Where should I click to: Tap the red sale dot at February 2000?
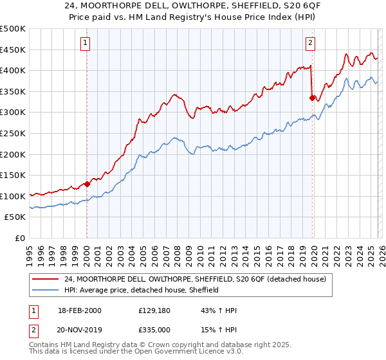click(x=87, y=183)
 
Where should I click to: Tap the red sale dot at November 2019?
click(x=312, y=98)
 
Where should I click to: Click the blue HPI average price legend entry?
click(x=142, y=290)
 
